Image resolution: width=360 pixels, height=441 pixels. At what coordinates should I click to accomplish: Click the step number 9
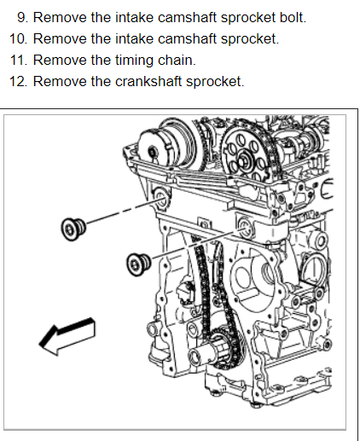click(22, 18)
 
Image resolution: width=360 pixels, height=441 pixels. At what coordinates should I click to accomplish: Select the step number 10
click(19, 38)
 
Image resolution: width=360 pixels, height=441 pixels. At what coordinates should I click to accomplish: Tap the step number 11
click(19, 60)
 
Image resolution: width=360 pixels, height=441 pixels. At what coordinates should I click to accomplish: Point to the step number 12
click(19, 81)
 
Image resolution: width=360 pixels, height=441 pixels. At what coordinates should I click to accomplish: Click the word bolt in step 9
click(293, 18)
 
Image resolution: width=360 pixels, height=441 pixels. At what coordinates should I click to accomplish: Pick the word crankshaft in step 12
click(148, 81)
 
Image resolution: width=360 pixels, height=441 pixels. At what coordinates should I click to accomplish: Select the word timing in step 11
click(134, 61)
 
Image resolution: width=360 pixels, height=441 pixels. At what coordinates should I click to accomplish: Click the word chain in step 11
click(177, 60)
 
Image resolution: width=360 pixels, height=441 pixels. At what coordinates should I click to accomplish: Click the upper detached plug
click(73, 229)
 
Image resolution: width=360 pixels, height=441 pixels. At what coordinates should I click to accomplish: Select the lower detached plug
click(138, 264)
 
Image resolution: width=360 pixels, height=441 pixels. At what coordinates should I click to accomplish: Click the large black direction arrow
click(67, 336)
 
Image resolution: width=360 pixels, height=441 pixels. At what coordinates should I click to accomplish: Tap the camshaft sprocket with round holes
click(247, 154)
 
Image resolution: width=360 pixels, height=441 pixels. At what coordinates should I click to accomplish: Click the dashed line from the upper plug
click(121, 212)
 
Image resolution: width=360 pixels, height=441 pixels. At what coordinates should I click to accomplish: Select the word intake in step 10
click(134, 38)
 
